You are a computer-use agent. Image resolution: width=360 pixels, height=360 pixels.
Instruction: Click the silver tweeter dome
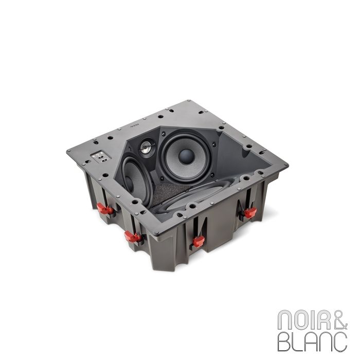[146, 147]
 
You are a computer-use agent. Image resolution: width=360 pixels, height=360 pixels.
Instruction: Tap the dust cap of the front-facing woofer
[187, 155]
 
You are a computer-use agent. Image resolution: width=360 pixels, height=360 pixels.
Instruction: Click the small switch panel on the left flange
[99, 156]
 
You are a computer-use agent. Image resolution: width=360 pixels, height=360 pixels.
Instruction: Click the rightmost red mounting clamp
[249, 212]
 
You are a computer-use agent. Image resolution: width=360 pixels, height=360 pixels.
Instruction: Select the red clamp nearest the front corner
[197, 241]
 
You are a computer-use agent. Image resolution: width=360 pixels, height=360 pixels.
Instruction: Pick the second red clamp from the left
[133, 237]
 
